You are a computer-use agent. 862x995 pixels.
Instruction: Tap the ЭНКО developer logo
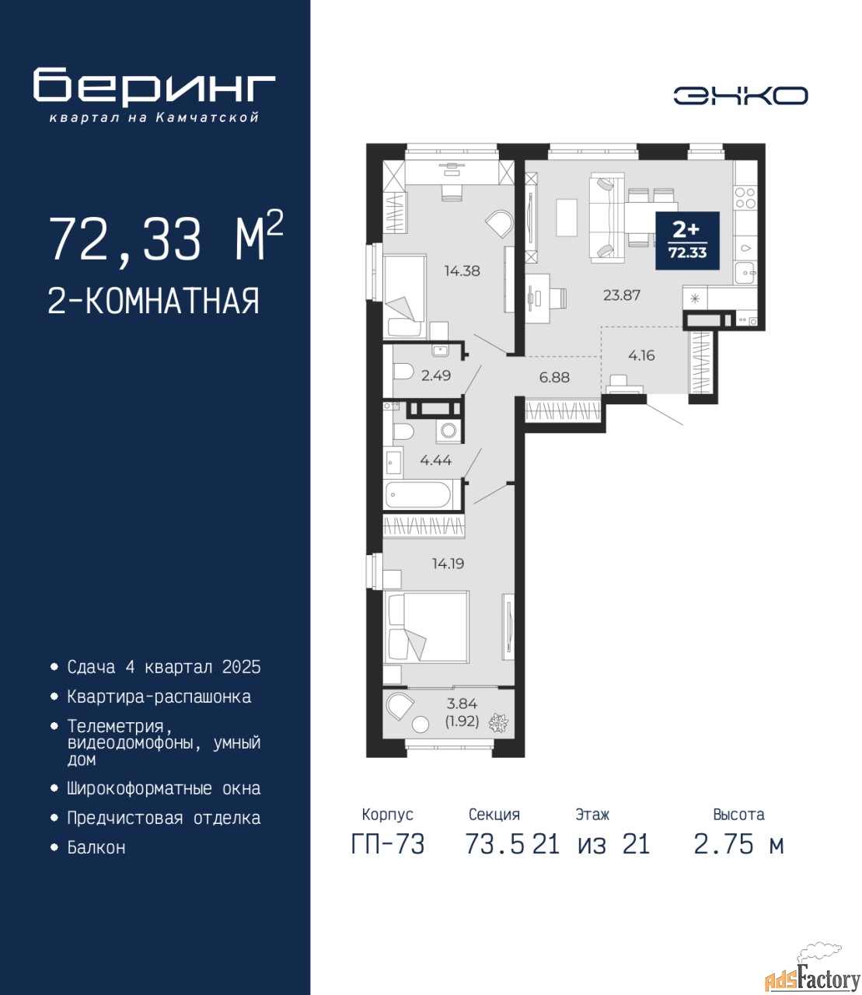740,96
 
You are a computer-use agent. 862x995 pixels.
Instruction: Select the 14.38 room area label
462,271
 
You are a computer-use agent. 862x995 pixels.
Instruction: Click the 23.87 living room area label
622,295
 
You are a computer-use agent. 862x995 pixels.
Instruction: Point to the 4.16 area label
641,356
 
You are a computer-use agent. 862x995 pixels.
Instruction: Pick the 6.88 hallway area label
554,377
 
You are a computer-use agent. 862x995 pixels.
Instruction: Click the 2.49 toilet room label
436,375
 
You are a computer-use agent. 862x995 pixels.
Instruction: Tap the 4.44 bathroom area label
435,461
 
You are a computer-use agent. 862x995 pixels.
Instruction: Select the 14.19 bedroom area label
448,564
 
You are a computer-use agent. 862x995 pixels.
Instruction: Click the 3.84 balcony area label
462,703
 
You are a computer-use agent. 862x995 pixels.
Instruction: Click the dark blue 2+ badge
687,241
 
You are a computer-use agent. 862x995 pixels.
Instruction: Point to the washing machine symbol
449,431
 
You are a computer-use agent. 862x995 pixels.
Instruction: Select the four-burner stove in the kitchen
745,198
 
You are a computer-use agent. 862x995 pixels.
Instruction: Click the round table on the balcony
421,725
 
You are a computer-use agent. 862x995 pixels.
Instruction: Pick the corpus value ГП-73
388,845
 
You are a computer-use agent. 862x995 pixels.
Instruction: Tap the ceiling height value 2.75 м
738,845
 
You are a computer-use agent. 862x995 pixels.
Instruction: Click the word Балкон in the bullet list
96,847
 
